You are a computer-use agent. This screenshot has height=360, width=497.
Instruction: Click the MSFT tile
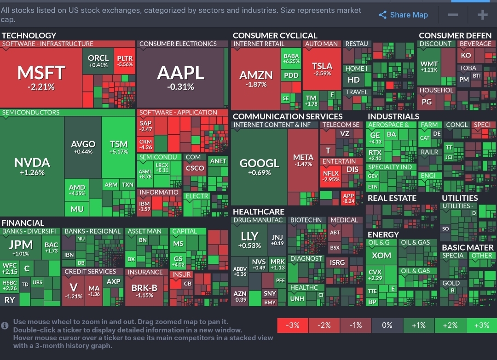[41, 76]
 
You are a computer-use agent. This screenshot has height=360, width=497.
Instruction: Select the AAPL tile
[180, 76]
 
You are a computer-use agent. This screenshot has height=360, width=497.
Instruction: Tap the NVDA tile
[32, 166]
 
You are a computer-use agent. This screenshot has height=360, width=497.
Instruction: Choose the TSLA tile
[322, 69]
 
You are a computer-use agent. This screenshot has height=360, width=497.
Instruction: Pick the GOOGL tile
[259, 166]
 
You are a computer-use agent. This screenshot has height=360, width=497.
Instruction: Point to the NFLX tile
[331, 176]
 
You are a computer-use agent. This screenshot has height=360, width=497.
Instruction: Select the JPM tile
[21, 247]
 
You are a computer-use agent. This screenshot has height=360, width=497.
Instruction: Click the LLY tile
[250, 239]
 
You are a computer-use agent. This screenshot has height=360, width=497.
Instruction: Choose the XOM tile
[381, 256]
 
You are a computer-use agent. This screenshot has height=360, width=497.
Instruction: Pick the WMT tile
[429, 66]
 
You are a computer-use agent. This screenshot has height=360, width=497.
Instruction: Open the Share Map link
[403, 15]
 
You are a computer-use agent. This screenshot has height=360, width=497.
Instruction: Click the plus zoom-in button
[482, 15]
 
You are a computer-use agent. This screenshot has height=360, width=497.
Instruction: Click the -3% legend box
[293, 325]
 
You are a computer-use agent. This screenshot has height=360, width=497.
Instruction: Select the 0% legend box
[387, 325]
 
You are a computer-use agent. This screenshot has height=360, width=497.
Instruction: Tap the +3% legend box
[481, 325]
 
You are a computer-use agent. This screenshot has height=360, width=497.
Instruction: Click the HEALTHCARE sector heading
[259, 211]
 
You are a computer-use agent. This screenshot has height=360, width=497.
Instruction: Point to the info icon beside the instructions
[5, 325]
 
